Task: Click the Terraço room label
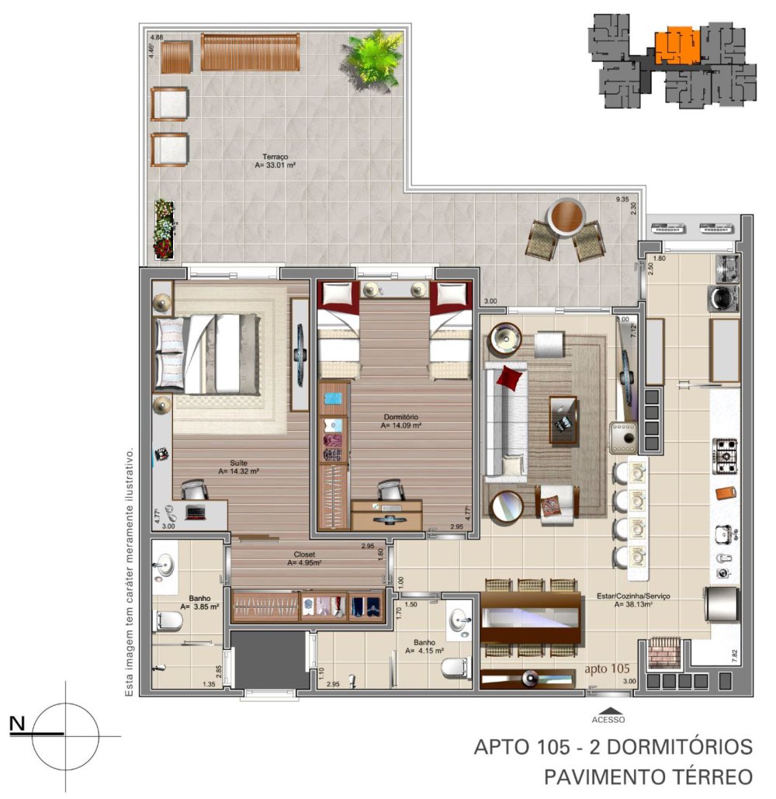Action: pyautogui.click(x=276, y=155)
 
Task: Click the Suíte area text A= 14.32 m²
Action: pyautogui.click(x=238, y=471)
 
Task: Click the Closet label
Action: pyautogui.click(x=303, y=554)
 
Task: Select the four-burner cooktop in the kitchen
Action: pyautogui.click(x=725, y=456)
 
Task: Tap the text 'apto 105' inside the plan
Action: pyautogui.click(x=606, y=668)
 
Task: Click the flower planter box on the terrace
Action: pyautogui.click(x=164, y=228)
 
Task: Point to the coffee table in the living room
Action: pyautogui.click(x=564, y=419)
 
